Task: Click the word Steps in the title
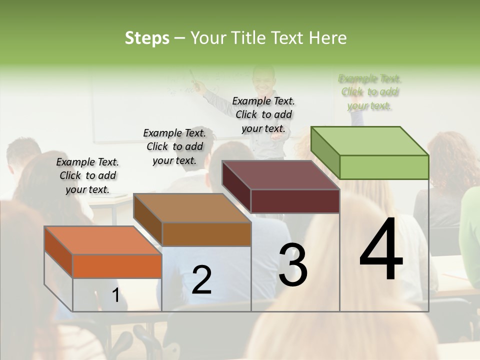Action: click(147, 38)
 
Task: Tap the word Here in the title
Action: click(328, 38)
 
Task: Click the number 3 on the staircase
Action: click(293, 265)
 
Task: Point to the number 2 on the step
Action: click(201, 280)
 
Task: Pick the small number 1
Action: click(115, 295)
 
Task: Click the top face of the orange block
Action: click(103, 240)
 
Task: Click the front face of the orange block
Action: click(117, 266)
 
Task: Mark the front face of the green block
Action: click(384, 167)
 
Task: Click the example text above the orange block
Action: click(87, 175)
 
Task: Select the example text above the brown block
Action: click(174, 146)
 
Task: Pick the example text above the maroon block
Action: click(263, 114)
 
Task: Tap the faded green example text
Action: click(370, 92)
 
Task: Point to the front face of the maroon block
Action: click(295, 201)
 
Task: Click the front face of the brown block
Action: click(206, 234)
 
